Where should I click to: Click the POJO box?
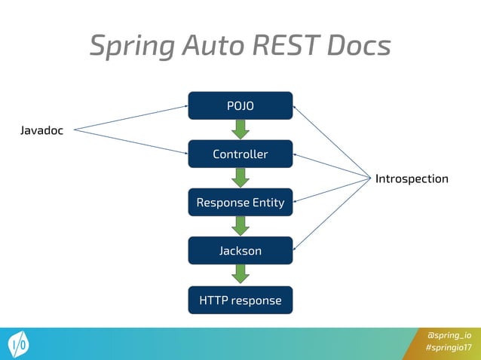pyautogui.click(x=240, y=105)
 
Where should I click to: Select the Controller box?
pyautogui.click(x=240, y=154)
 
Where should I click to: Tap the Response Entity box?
pyautogui.click(x=240, y=202)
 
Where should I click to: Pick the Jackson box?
pyautogui.click(x=240, y=251)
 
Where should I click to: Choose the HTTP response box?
pyautogui.click(x=240, y=301)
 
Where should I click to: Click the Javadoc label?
pyautogui.click(x=41, y=131)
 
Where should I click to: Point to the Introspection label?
pyautogui.click(x=412, y=178)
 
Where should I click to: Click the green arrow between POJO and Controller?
pyautogui.click(x=240, y=130)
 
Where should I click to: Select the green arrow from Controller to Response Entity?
pyautogui.click(x=240, y=178)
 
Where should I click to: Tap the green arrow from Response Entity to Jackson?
pyautogui.click(x=240, y=226)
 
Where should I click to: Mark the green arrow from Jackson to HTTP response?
pyautogui.click(x=240, y=275)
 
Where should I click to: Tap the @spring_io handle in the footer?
pyautogui.click(x=449, y=335)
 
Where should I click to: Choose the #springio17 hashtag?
pyautogui.click(x=448, y=348)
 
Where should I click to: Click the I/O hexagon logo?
pyautogui.click(x=20, y=344)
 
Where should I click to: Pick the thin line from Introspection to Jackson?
pyautogui.click(x=332, y=214)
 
